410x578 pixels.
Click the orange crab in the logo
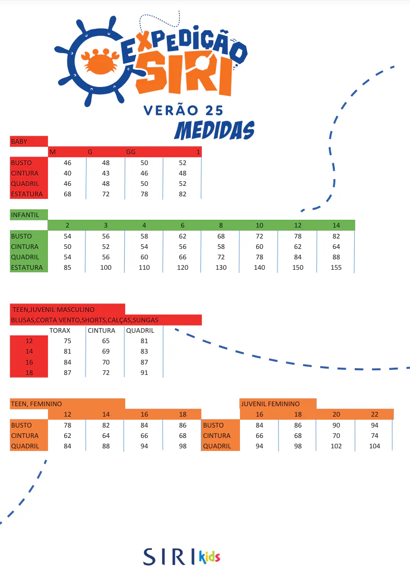coord(100,61)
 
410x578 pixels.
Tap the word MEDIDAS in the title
coord(214,131)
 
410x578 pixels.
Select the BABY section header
coord(19,142)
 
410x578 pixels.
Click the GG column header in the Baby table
coord(131,152)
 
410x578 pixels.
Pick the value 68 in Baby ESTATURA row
coord(67,194)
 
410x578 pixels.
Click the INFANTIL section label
coord(25,215)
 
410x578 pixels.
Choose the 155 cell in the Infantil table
coord(336,267)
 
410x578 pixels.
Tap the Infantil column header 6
coord(183,225)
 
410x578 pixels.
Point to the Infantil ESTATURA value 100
coord(106,267)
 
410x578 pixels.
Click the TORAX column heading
coord(60,331)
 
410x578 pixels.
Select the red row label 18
coord(29,373)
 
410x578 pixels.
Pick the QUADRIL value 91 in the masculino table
coord(144,373)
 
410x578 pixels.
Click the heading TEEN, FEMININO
coord(36,404)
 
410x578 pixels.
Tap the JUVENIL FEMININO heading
coord(270,404)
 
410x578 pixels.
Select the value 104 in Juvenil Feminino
coord(375,446)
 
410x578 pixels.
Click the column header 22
coord(375,414)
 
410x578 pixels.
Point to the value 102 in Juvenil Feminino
coord(336,446)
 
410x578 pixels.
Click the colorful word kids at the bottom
coord(209,557)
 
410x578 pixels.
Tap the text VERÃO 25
coord(183,110)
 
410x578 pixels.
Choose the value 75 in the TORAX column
coord(67,341)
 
